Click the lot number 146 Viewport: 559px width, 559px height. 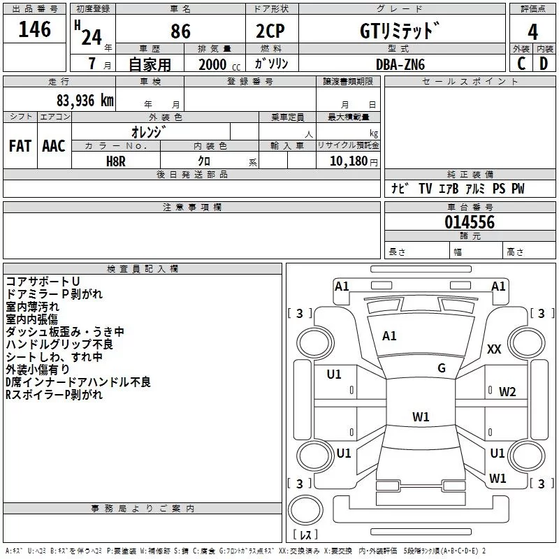(35, 30)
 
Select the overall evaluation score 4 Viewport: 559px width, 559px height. (532, 32)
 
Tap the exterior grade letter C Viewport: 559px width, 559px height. (521, 63)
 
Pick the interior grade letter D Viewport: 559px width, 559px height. (544, 63)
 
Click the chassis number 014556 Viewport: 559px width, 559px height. (470, 222)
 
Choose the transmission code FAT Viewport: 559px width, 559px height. (20, 146)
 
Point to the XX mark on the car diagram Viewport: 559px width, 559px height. (494, 349)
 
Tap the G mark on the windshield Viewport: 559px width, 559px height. (442, 368)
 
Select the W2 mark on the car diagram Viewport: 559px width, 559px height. (507, 392)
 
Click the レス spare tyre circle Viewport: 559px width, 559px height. (305, 515)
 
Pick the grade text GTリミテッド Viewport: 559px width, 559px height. (400, 31)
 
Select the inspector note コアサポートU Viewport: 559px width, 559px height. (43, 282)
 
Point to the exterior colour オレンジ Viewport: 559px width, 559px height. (149, 131)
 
